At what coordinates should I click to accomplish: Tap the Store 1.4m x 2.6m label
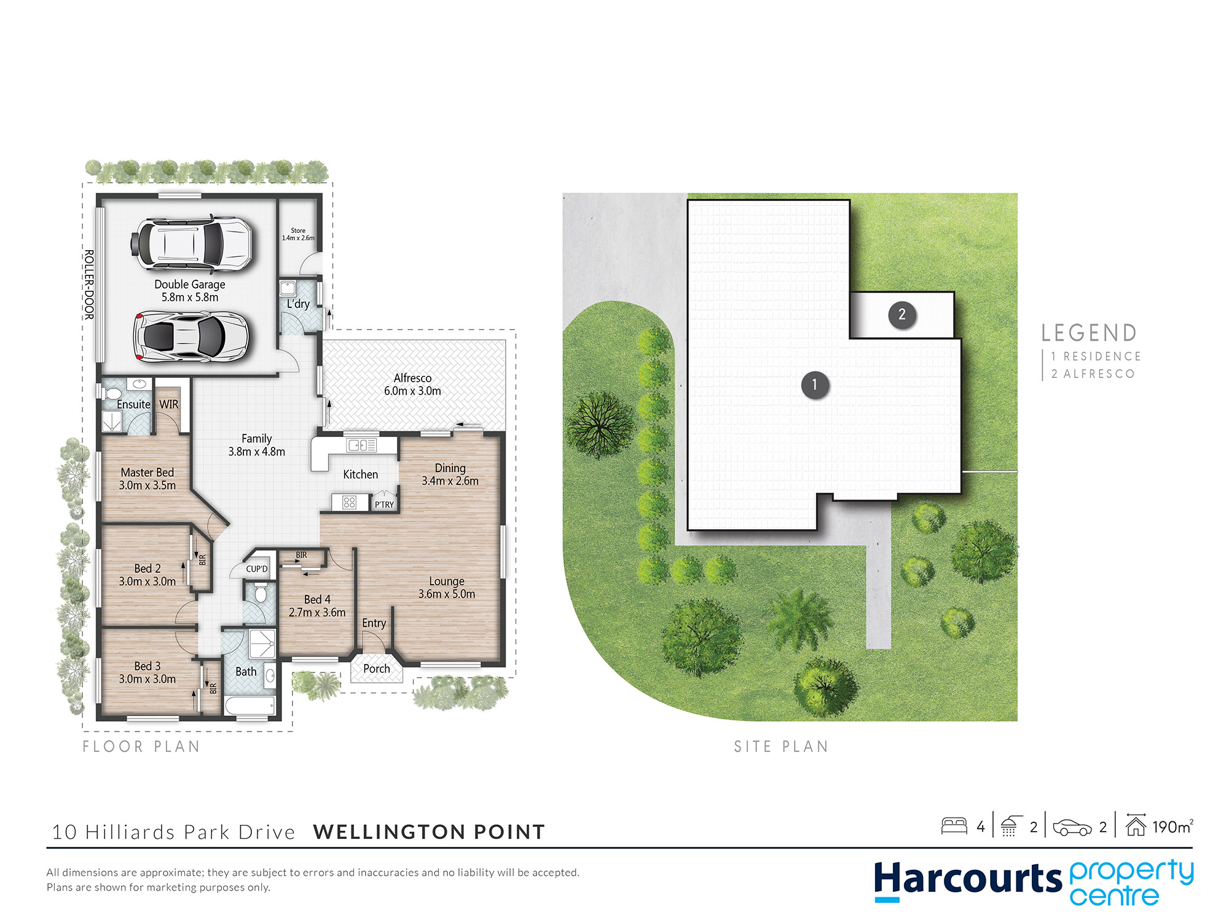tap(298, 234)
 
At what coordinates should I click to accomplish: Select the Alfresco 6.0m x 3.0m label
tap(412, 384)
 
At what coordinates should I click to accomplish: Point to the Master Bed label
tap(147, 472)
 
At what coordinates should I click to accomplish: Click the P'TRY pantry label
tap(384, 505)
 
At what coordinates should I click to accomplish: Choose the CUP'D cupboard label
tap(257, 569)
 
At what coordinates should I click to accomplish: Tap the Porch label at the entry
tap(377, 668)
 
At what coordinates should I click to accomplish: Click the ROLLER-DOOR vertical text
tap(89, 285)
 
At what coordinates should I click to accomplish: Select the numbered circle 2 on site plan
tap(902, 315)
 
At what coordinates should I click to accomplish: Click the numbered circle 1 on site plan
tap(815, 385)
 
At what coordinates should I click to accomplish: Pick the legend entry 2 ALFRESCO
tap(1093, 374)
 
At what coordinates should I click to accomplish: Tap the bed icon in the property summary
tap(954, 825)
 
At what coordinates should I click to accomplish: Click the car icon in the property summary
tap(1072, 827)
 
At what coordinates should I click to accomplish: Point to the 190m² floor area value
tap(1172, 827)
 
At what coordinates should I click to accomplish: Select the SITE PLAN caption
tap(781, 746)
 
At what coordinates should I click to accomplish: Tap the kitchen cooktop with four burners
tap(350, 502)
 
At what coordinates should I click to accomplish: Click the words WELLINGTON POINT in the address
tap(429, 832)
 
